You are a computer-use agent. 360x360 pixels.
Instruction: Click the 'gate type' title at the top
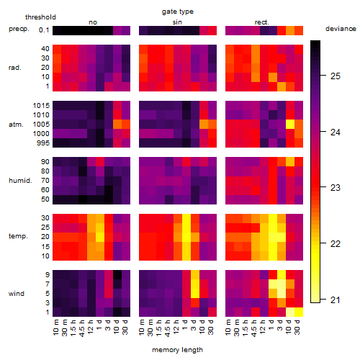coord(178,12)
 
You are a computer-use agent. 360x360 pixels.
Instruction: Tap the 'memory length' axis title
coord(177,350)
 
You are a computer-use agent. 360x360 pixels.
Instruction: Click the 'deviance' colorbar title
coord(341,29)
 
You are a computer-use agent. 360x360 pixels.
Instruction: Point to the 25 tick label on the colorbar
coord(336,76)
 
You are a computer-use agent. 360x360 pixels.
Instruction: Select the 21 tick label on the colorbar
coord(336,300)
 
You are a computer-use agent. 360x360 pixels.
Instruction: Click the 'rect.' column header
coord(261,22)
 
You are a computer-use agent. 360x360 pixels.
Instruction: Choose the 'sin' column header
coord(177,22)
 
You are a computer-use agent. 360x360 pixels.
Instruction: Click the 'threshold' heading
coord(40,17)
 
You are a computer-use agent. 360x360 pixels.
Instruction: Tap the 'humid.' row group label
coord(20,181)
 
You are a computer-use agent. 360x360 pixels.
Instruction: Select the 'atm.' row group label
coord(16,125)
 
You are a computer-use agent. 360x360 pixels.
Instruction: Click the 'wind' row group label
coord(17,294)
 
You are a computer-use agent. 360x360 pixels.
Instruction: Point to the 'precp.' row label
coord(19,29)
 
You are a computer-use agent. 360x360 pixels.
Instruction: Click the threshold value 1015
coord(41,105)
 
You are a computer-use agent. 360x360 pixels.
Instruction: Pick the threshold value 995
coord(43,143)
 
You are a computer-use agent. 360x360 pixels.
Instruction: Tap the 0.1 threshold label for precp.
coord(44,30)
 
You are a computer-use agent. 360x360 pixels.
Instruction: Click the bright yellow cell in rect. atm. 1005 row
coord(290,124)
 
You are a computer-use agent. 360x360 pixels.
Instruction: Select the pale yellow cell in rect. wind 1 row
coord(290,312)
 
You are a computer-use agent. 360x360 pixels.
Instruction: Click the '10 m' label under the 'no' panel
coord(56,328)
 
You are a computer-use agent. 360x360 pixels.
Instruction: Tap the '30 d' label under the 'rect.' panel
coord(297,328)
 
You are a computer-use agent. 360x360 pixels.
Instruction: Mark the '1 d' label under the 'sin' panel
coord(185,325)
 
